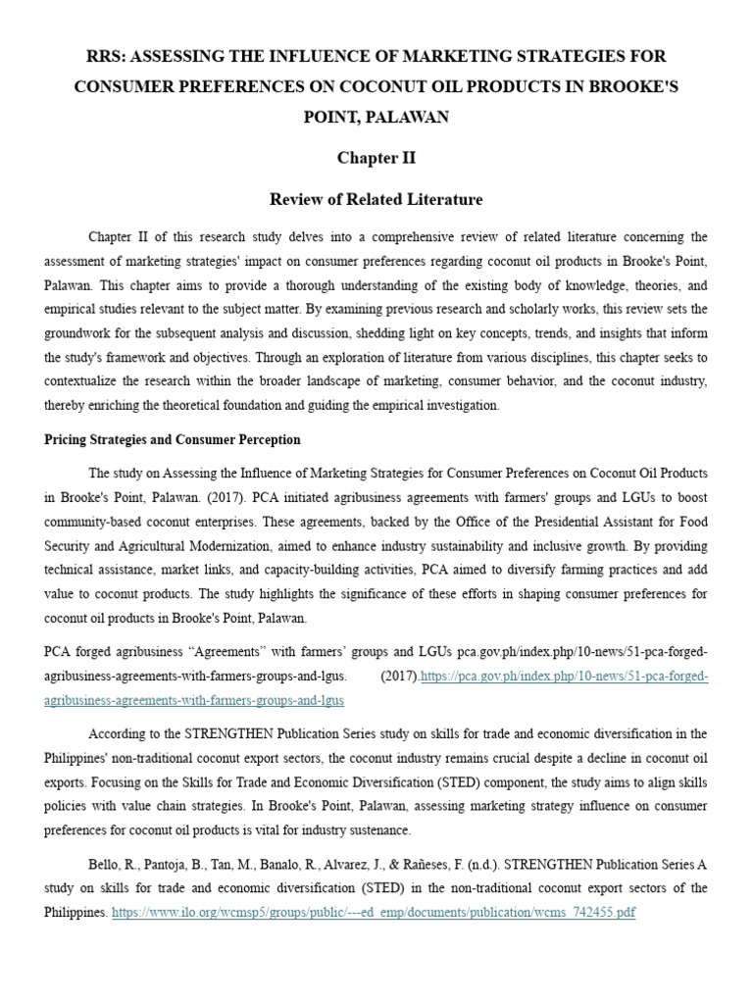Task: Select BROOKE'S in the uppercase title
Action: (637, 87)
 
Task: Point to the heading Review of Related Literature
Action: (376, 199)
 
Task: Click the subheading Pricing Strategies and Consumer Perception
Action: (173, 439)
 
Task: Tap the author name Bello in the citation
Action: (107, 864)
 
